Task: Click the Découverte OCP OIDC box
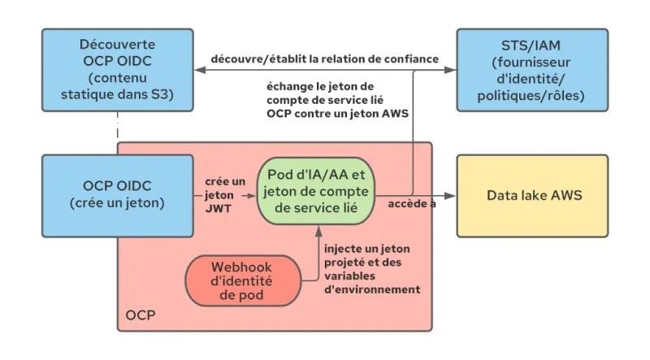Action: (117, 70)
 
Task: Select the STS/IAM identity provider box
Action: (531, 70)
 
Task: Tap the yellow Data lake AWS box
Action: (531, 196)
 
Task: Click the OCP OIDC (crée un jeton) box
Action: (117, 196)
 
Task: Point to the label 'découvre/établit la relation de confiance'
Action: (325, 59)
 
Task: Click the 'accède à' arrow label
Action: (411, 203)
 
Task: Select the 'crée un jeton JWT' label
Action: (219, 196)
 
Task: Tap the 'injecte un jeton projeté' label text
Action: (371, 268)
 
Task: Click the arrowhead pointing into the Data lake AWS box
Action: (451, 196)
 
